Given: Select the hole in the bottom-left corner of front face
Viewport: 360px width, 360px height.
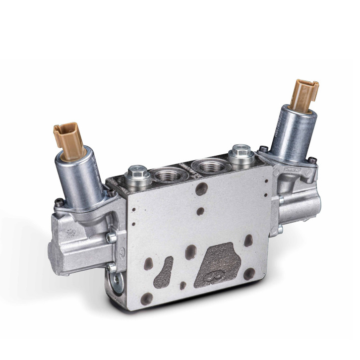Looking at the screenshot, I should [x=146, y=299].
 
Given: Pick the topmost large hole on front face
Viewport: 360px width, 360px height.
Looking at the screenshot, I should [x=201, y=189].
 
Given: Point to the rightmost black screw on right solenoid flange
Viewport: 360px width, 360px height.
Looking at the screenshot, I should [x=313, y=160].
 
